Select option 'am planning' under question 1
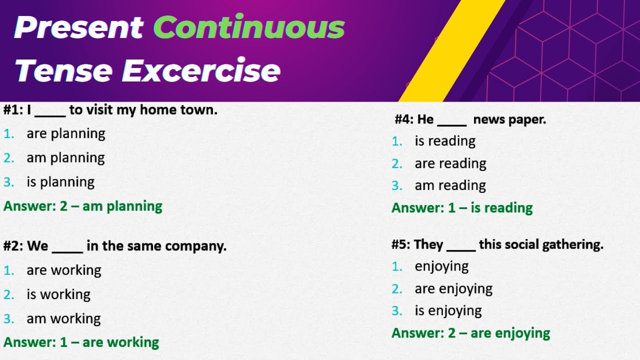(65, 158)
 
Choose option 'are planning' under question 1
(66, 134)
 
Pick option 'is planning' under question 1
(60, 182)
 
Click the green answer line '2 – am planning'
(83, 206)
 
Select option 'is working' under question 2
(58, 294)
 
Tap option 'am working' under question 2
(63, 318)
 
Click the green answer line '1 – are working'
(81, 342)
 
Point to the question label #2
(12, 246)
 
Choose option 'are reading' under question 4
(450, 163)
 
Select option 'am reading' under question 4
(450, 185)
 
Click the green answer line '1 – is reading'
(462, 208)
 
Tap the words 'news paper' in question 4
(509, 119)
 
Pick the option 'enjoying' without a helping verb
(441, 266)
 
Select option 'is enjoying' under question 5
(448, 311)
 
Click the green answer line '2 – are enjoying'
(470, 333)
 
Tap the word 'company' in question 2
(195, 246)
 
